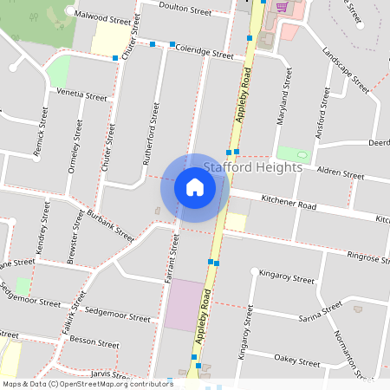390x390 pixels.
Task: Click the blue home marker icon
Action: click(195, 187)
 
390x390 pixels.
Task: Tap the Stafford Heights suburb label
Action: click(253, 166)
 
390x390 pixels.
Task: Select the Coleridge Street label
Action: click(205, 53)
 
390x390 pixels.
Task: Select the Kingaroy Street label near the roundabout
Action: click(287, 280)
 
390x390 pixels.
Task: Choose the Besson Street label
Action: click(94, 343)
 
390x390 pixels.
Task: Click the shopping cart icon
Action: click(282, 6)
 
